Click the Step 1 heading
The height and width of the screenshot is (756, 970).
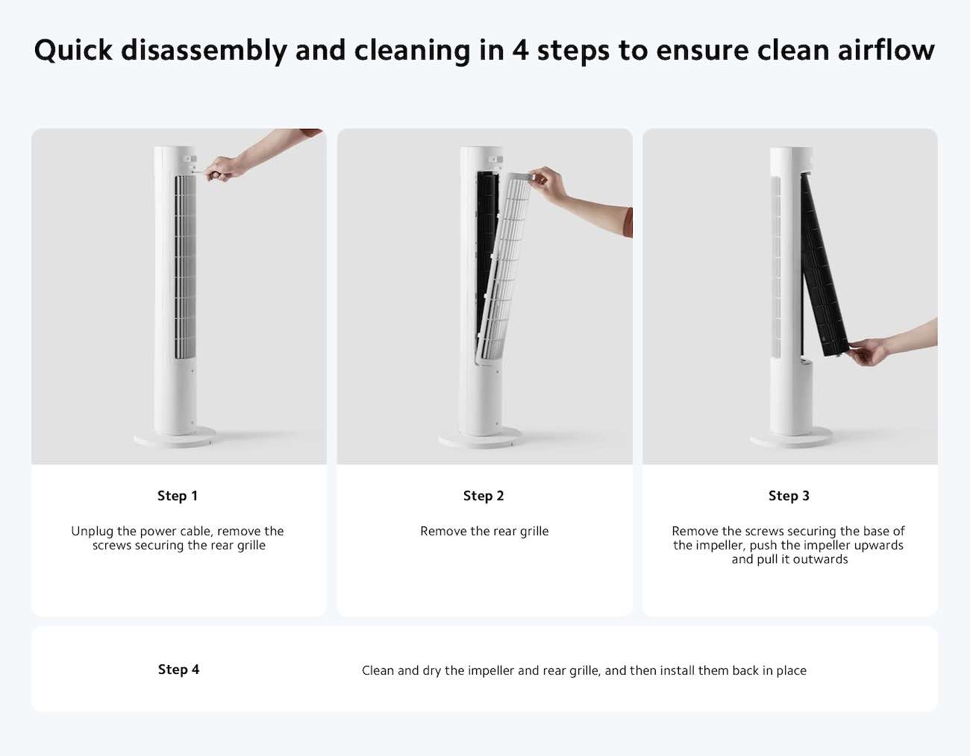pos(178,496)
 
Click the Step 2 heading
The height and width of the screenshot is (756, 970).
pos(484,496)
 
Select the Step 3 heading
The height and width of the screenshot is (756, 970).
pos(789,496)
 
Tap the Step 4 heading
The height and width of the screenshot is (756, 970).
pos(178,670)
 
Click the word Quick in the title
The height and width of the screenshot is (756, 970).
pos(73,50)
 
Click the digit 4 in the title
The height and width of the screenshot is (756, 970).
pos(521,51)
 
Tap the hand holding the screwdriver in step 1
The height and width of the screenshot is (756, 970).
pos(223,168)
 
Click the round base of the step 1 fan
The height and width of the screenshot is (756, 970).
pos(175,437)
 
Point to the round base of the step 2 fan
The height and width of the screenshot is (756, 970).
pos(481,438)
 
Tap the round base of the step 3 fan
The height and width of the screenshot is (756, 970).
pos(791,438)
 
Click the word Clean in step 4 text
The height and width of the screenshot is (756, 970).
pos(378,670)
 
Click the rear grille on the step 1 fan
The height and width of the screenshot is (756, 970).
pos(185,267)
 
